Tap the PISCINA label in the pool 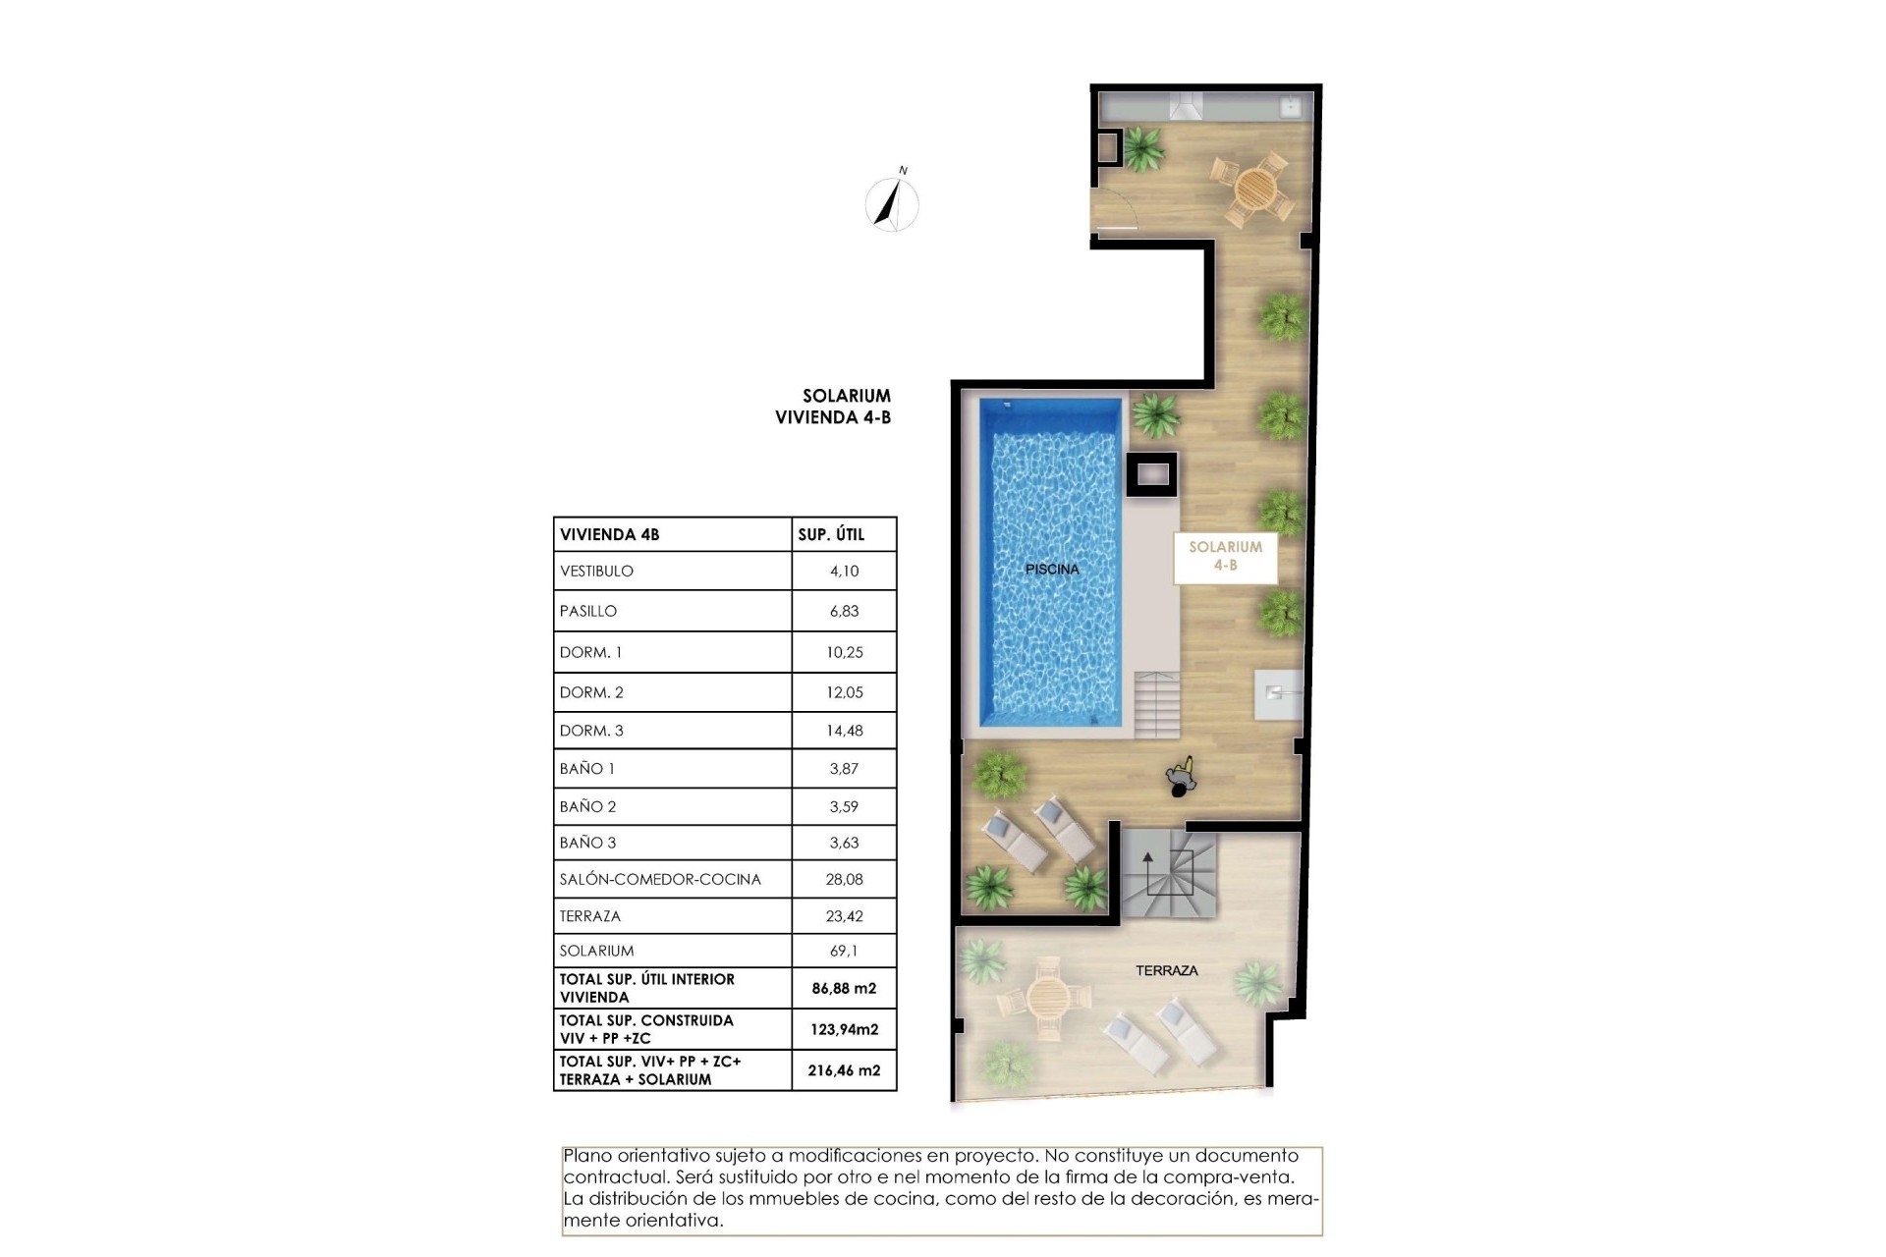coord(1052,569)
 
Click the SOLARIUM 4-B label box coord(1225,556)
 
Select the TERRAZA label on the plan coord(1166,970)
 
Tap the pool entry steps coord(1157,704)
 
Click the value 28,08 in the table coord(844,879)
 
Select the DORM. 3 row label coord(591,731)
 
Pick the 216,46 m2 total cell coord(844,1070)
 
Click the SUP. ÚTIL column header coord(831,534)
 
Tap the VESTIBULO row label coord(596,571)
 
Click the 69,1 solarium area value coord(844,951)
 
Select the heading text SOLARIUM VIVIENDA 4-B coord(833,407)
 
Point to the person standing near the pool coord(1182,779)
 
